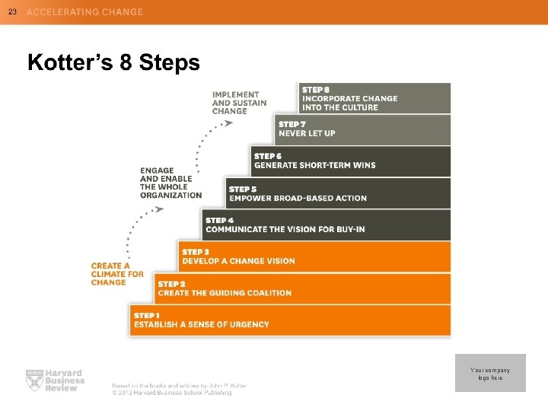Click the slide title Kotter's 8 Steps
click(113, 62)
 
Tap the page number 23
click(12, 11)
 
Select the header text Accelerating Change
click(84, 12)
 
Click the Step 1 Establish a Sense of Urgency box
click(290, 320)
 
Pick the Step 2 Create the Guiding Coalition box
click(302, 288)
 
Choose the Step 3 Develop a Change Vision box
click(314, 256)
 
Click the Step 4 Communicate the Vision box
click(327, 225)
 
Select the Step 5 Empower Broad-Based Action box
click(338, 193)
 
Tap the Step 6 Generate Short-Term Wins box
click(350, 161)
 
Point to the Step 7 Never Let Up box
click(362, 129)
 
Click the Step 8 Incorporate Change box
click(374, 98)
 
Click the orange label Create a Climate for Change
click(117, 274)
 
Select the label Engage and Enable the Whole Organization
click(170, 183)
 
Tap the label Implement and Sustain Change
click(239, 103)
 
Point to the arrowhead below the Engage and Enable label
click(160, 209)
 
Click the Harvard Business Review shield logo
click(33, 379)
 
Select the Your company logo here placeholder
click(490, 373)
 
